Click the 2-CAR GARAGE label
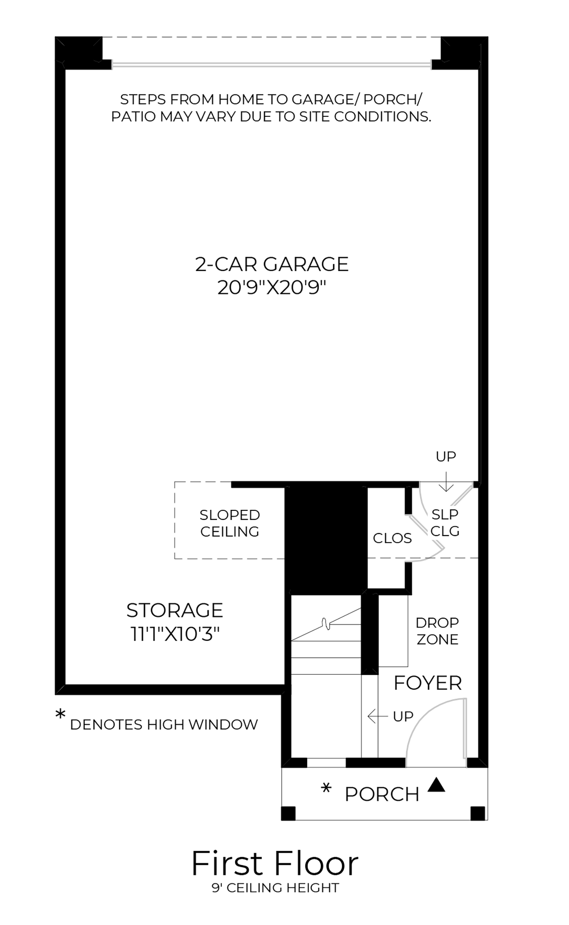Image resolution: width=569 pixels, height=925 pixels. pyautogui.click(x=272, y=264)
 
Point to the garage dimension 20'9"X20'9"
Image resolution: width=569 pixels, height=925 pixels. pyautogui.click(x=272, y=288)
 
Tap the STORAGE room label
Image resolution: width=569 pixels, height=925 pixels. pyautogui.click(x=174, y=610)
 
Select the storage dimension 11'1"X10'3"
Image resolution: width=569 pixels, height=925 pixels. pyautogui.click(x=174, y=635)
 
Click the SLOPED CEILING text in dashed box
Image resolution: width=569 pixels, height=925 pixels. pyautogui.click(x=230, y=523)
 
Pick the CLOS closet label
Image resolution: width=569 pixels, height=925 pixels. pyautogui.click(x=392, y=538)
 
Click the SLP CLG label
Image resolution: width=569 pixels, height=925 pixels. pyautogui.click(x=445, y=522)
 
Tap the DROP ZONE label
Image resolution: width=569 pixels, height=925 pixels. pyautogui.click(x=437, y=631)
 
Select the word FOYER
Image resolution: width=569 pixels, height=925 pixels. pyautogui.click(x=427, y=683)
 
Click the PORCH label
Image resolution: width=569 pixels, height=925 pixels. pyautogui.click(x=381, y=795)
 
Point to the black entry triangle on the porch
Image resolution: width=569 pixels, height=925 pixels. pyautogui.click(x=436, y=785)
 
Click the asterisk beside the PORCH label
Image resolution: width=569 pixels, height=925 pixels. pyautogui.click(x=327, y=789)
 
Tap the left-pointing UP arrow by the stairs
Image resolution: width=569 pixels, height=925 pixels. pyautogui.click(x=377, y=716)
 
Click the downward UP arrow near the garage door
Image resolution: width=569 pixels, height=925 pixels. pyautogui.click(x=446, y=482)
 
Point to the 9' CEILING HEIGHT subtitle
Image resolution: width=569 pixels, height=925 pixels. pyautogui.click(x=275, y=888)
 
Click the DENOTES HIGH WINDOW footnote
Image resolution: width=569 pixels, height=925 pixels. pyautogui.click(x=164, y=725)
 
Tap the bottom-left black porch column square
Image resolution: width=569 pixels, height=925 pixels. pyautogui.click(x=288, y=813)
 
